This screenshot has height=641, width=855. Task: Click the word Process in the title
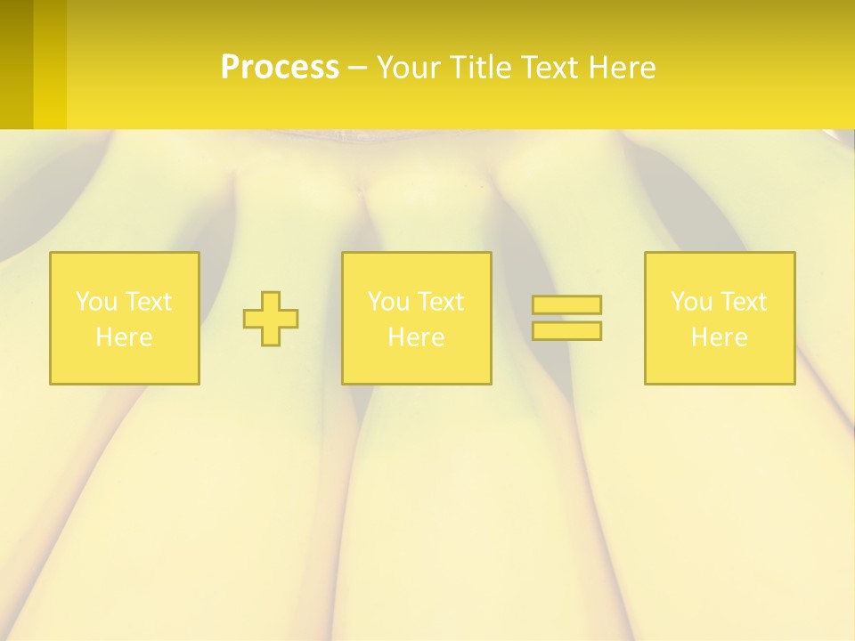pyautogui.click(x=280, y=68)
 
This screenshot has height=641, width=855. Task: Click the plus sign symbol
pyautogui.click(x=271, y=319)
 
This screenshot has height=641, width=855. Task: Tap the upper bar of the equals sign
pyautogui.click(x=566, y=305)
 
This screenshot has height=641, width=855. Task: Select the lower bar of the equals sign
pyautogui.click(x=566, y=330)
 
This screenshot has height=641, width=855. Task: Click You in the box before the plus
pyautogui.click(x=95, y=302)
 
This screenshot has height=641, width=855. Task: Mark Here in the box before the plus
pyautogui.click(x=124, y=337)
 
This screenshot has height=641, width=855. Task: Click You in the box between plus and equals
pyautogui.click(x=387, y=302)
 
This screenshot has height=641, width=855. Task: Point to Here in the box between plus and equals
pyautogui.click(x=416, y=337)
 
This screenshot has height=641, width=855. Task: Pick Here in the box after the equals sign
pyautogui.click(x=719, y=337)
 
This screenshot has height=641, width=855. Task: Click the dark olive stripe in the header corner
pyautogui.click(x=16, y=64)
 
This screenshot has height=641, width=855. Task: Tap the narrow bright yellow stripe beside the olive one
pyautogui.click(x=50, y=64)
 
